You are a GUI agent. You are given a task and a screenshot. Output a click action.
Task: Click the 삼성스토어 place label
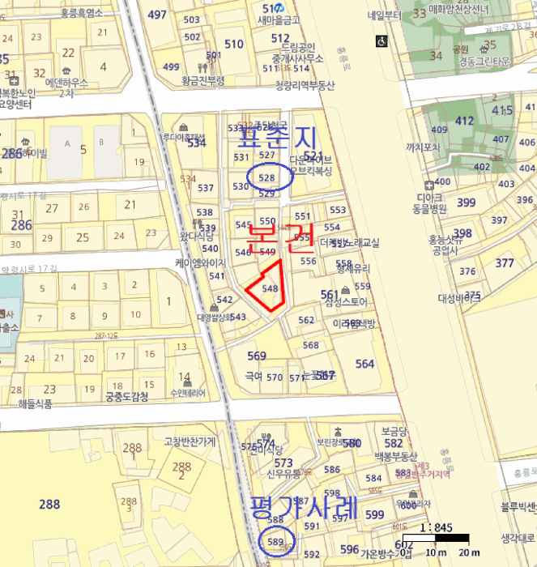pos(346,302)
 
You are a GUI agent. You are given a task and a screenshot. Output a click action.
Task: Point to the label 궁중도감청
pos(127,396)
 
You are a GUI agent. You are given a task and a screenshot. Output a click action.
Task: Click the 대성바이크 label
pos(459,298)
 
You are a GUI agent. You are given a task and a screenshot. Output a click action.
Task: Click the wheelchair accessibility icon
pos(381,40)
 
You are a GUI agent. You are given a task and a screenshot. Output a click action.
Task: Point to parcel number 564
pos(364,364)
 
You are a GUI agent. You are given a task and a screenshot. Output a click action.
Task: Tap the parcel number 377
pos(505,262)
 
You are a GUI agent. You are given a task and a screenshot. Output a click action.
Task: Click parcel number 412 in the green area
pos(464,121)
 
